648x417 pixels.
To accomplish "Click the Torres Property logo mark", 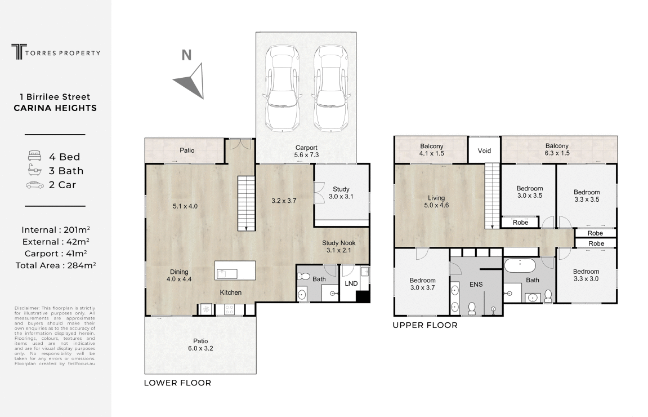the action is pyautogui.click(x=19, y=52).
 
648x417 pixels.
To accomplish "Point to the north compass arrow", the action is pyautogui.click(x=190, y=81).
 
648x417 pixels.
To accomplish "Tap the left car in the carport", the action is pyautogui.click(x=282, y=88).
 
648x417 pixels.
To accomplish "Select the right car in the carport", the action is pyautogui.click(x=330, y=88).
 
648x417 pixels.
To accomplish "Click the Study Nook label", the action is pyautogui.click(x=339, y=243).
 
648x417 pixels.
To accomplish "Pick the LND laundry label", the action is pyautogui.click(x=351, y=283).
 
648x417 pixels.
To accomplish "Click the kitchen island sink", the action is pyautogui.click(x=227, y=274).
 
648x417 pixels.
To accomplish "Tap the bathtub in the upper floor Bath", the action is pyautogui.click(x=520, y=265).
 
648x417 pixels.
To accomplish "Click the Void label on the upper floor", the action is pyautogui.click(x=484, y=150).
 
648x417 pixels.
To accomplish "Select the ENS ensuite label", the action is pyautogui.click(x=476, y=284).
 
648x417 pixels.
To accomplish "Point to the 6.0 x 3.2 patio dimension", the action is pyautogui.click(x=200, y=348).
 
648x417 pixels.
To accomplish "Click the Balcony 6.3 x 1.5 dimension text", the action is pyautogui.click(x=557, y=153).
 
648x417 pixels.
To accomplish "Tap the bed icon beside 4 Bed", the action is pyautogui.click(x=35, y=156).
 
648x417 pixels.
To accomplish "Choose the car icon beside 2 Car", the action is pyautogui.click(x=35, y=185).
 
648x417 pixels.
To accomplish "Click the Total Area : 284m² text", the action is pyautogui.click(x=55, y=265).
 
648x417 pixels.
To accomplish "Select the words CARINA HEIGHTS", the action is pyautogui.click(x=55, y=108).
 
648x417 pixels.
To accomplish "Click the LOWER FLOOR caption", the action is pyautogui.click(x=177, y=383).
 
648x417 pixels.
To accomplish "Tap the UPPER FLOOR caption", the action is pyautogui.click(x=425, y=325).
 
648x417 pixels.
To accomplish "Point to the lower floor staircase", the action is pyautogui.click(x=246, y=203).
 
